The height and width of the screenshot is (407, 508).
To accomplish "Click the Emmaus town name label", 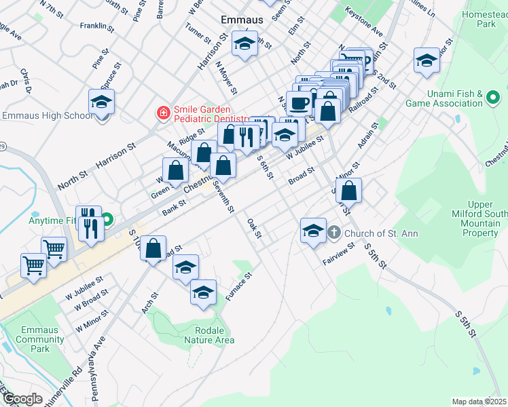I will (242, 20).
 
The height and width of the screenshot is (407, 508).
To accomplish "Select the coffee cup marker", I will (299, 103).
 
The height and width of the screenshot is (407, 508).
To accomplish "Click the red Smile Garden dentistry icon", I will (163, 113).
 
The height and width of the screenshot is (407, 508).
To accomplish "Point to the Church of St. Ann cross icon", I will (333, 233).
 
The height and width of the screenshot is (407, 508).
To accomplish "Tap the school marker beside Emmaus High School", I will (102, 103).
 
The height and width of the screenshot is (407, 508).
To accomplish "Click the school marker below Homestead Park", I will (427, 62).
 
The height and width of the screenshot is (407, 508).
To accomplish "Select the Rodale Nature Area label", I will (210, 335).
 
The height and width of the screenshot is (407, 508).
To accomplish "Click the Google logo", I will (22, 398).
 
